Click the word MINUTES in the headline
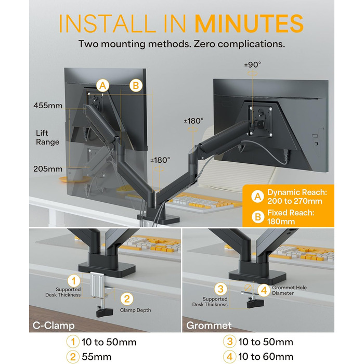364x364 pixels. (x=249, y=24)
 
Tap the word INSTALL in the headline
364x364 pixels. (x=108, y=24)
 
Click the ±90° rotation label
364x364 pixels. (x=253, y=64)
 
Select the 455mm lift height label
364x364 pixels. (x=48, y=106)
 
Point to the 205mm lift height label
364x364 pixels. (x=48, y=169)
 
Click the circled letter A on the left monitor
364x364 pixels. (x=102, y=86)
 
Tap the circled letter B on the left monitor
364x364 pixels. (x=136, y=86)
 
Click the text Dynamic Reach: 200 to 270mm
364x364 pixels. (x=297, y=197)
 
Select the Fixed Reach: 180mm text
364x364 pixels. (x=291, y=217)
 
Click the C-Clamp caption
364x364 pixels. (x=54, y=325)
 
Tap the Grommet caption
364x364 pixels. (x=209, y=325)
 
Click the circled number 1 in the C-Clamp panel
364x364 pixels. (x=74, y=281)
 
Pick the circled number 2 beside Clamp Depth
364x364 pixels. (x=127, y=299)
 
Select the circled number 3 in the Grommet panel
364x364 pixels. (x=220, y=289)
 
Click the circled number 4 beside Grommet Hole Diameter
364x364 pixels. (x=264, y=290)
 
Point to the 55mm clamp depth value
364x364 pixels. (x=97, y=357)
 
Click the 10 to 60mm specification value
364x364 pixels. (x=266, y=357)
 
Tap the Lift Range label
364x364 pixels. (x=48, y=137)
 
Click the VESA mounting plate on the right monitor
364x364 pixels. (x=260, y=121)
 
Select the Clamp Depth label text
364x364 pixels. (x=135, y=310)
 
